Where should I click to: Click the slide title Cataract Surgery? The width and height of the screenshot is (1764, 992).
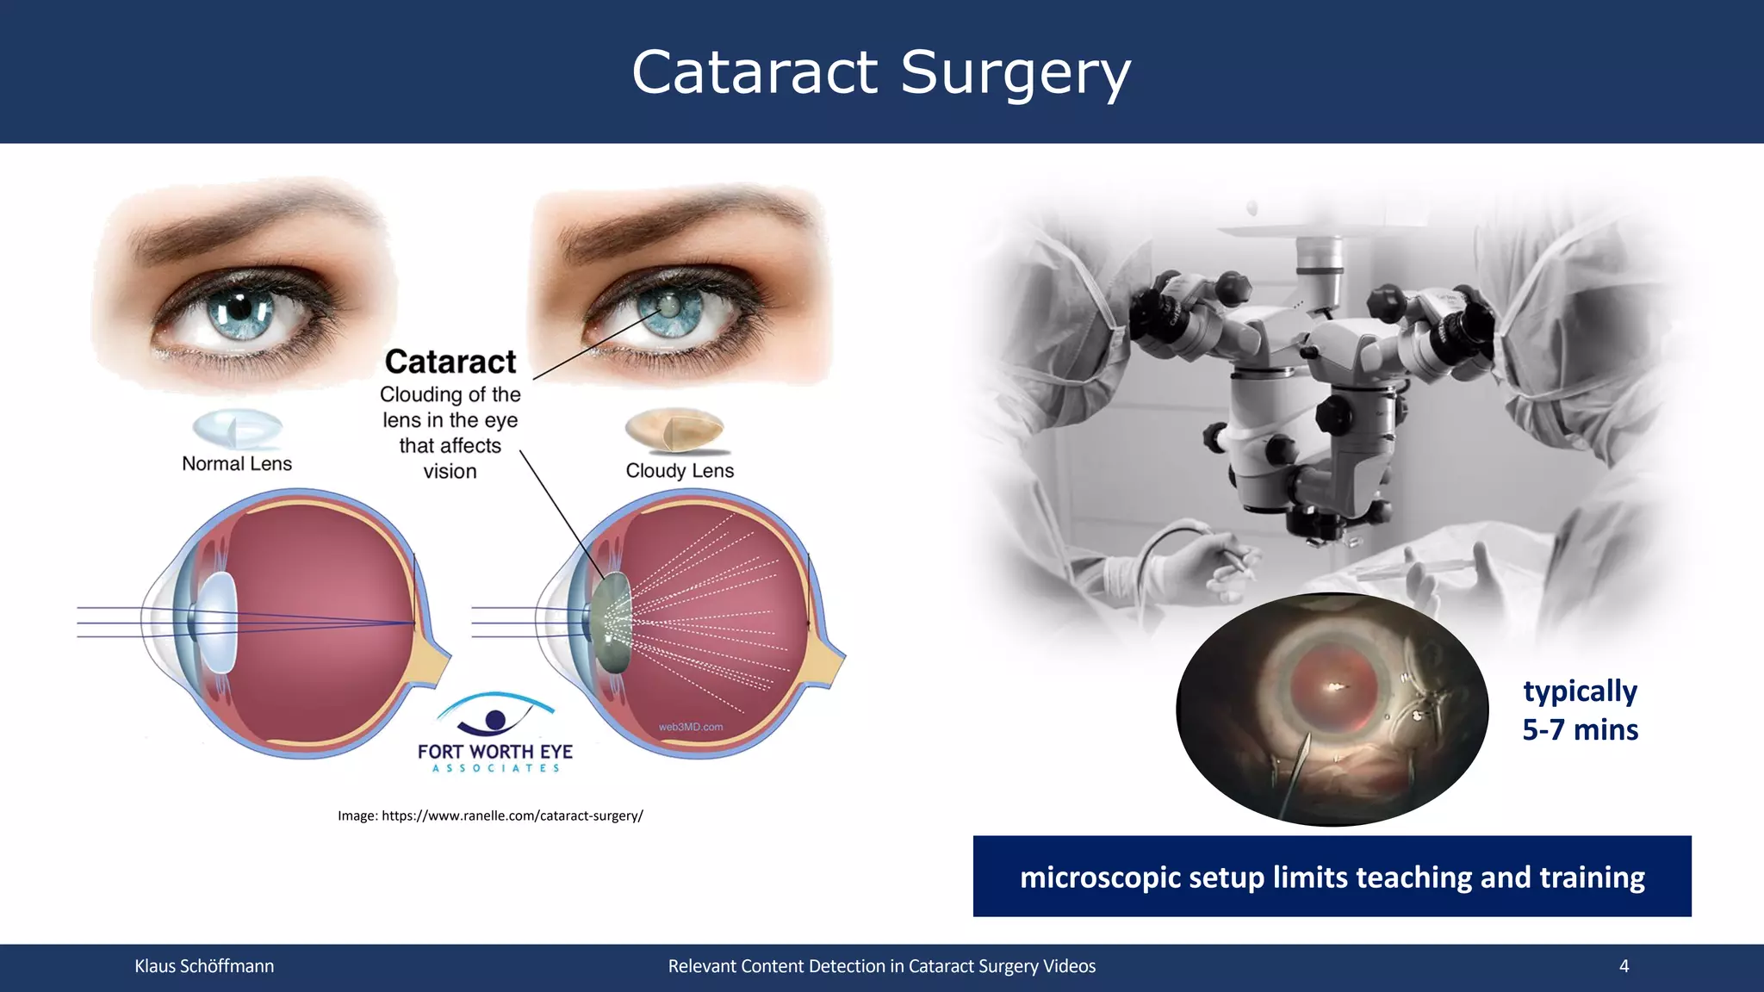pyautogui.click(x=880, y=72)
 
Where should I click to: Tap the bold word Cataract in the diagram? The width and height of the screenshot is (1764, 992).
pyautogui.click(x=450, y=362)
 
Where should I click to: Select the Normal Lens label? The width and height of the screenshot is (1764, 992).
pyautogui.click(x=237, y=464)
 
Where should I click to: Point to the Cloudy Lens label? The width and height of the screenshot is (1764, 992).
pyautogui.click(x=680, y=471)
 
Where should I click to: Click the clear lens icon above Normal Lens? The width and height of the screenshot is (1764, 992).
pyautogui.click(x=238, y=428)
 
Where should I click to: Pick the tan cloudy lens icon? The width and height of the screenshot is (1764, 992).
pyautogui.click(x=675, y=429)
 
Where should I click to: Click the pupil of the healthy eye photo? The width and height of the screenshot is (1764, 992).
pyautogui.click(x=240, y=307)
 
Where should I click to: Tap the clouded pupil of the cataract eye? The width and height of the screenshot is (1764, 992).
pyautogui.click(x=668, y=305)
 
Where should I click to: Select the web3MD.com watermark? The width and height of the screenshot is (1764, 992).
pyautogui.click(x=691, y=727)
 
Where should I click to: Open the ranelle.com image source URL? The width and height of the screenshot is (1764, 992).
pyautogui.click(x=512, y=815)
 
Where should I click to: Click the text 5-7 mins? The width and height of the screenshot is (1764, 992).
pyautogui.click(x=1580, y=730)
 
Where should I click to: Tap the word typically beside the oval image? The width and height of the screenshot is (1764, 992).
pyautogui.click(x=1580, y=691)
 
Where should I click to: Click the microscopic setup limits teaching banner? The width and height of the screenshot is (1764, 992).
pyautogui.click(x=1332, y=877)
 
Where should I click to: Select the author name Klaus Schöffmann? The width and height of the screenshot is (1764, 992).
pyautogui.click(x=204, y=966)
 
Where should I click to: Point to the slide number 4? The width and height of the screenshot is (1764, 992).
pyautogui.click(x=1624, y=966)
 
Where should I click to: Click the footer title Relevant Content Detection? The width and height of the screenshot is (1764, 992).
pyautogui.click(x=881, y=966)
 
